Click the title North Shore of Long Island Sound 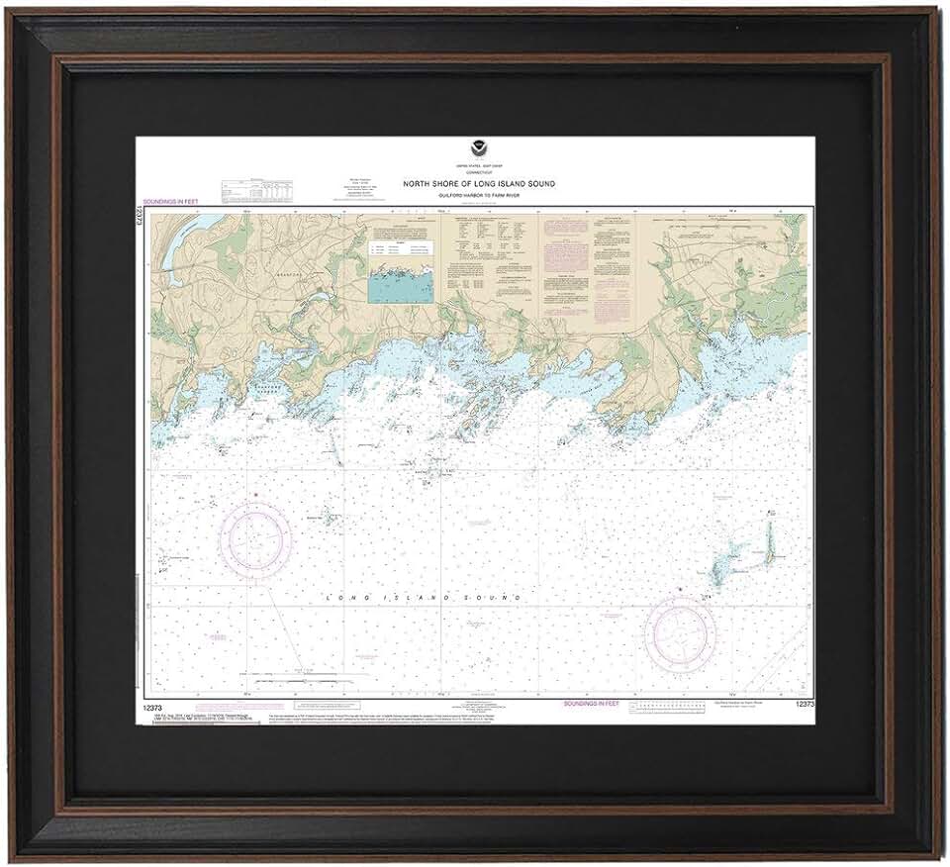tap(478, 184)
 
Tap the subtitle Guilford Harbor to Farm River tap(478, 196)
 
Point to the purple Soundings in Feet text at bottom tap(592, 703)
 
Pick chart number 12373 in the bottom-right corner tap(803, 703)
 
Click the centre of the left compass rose tap(255, 539)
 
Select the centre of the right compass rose tap(680, 632)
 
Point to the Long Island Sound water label tap(424, 598)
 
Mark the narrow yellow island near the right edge tap(769, 544)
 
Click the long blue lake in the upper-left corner tap(178, 247)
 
